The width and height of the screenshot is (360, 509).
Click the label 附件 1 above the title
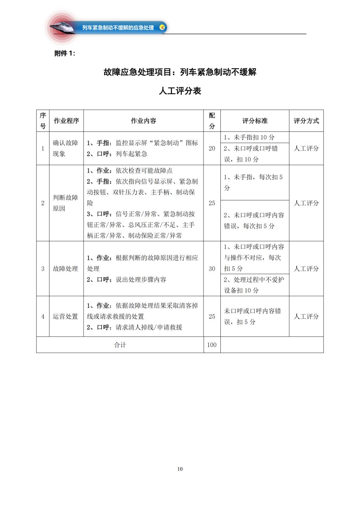(65, 53)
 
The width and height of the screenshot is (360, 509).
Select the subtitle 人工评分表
(180, 91)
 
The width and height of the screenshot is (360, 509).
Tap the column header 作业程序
(66, 121)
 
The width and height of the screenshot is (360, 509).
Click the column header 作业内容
(143, 121)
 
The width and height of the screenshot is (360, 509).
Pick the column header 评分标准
(255, 121)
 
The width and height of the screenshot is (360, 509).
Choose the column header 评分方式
(306, 121)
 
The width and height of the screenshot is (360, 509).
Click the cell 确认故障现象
(66, 148)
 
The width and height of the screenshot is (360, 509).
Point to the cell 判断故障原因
(66, 203)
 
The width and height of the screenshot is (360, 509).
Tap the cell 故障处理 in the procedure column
(65, 269)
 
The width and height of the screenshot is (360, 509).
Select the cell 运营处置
(65, 316)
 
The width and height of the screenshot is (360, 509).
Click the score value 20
(212, 148)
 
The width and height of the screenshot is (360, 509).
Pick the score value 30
(212, 269)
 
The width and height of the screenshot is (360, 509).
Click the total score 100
(212, 345)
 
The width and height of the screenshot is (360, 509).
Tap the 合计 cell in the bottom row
(120, 345)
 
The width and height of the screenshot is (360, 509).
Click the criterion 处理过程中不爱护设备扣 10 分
(254, 285)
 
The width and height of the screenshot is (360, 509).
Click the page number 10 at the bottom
(180, 469)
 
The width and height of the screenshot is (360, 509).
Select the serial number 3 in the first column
(43, 269)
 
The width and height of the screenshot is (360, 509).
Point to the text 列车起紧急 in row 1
(131, 154)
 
